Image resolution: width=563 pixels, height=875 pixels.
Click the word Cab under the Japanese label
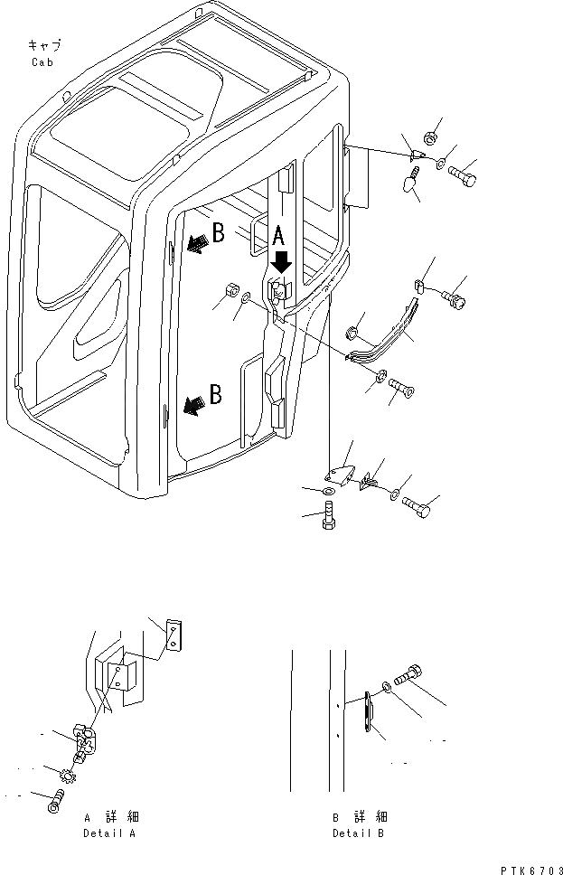[x=42, y=62]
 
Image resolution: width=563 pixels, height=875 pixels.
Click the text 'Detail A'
[x=108, y=833]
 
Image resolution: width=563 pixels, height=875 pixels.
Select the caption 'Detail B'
[x=358, y=833]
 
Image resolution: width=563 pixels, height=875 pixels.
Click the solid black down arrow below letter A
[x=282, y=262]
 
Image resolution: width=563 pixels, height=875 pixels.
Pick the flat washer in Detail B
[x=388, y=689]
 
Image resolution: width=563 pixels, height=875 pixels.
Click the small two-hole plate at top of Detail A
[x=174, y=635]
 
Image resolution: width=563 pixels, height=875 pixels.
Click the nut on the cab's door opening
[x=230, y=292]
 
